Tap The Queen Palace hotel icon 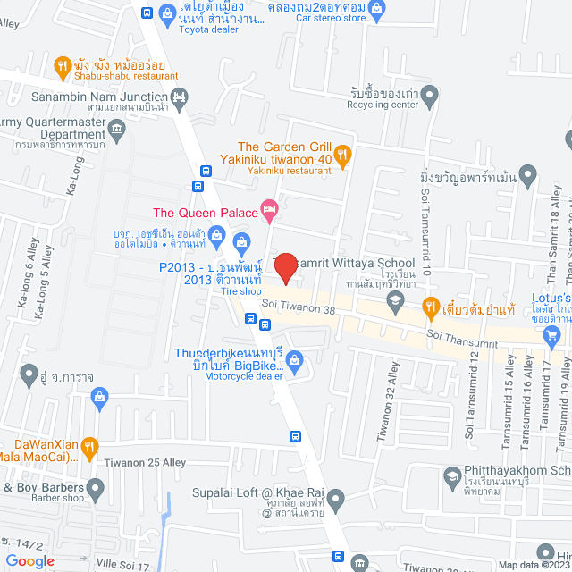tap(269, 211)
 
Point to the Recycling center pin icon tap(430, 94)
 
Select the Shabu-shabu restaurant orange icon tap(62, 65)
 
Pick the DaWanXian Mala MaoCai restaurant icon tap(88, 446)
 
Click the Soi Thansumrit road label tap(459, 335)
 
